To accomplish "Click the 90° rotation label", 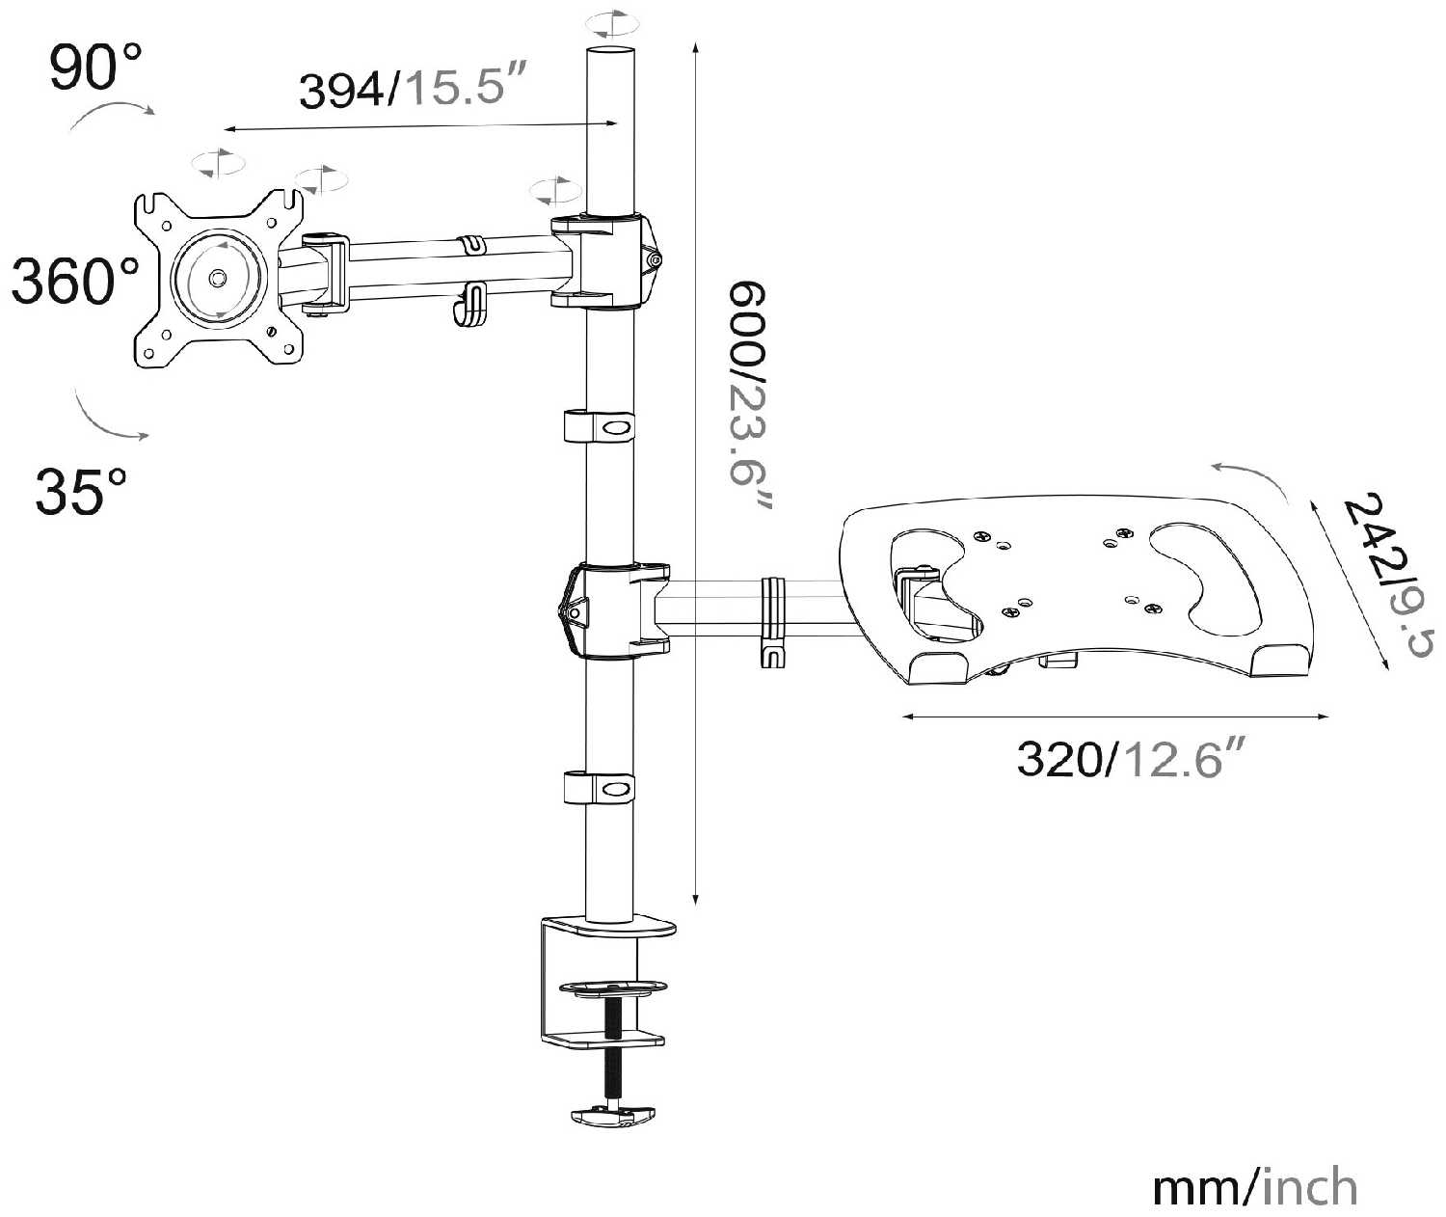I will tap(95, 67).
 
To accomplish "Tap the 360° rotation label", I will tap(75, 281).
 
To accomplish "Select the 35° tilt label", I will tap(81, 491).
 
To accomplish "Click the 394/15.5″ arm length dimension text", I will tap(415, 89).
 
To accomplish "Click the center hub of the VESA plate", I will tap(219, 278).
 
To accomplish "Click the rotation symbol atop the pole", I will tap(611, 23).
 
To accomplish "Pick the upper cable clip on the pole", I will tap(600, 425).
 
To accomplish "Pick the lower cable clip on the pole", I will tap(600, 787).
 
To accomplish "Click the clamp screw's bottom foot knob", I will tap(615, 1116).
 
